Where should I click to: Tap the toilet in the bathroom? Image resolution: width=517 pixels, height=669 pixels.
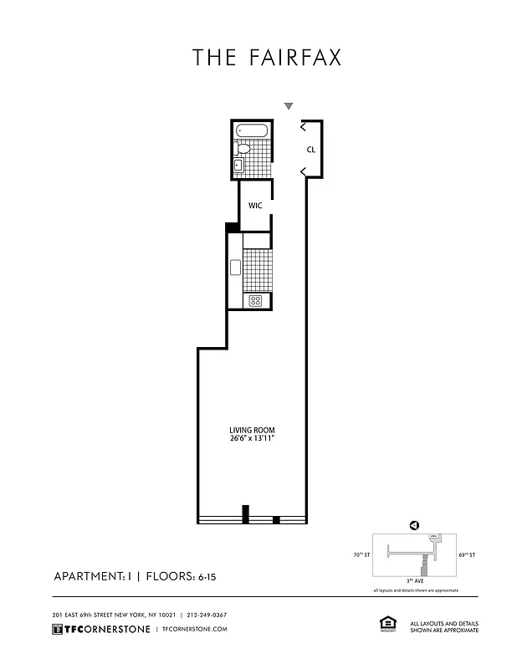click(x=243, y=149)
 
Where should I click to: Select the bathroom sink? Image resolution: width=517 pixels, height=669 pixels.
click(x=238, y=165)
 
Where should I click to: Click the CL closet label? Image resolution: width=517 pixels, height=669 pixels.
click(x=310, y=151)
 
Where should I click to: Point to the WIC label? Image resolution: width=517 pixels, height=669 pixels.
click(x=255, y=206)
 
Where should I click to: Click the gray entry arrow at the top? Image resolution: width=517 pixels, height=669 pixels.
click(x=289, y=106)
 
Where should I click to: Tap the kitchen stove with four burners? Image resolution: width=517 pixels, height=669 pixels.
click(x=255, y=300)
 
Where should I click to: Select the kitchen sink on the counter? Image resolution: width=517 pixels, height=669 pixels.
click(x=236, y=268)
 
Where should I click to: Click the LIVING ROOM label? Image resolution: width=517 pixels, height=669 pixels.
click(x=252, y=431)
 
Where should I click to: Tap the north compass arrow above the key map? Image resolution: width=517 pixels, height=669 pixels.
click(x=413, y=525)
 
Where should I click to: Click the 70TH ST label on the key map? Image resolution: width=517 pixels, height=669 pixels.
click(x=360, y=554)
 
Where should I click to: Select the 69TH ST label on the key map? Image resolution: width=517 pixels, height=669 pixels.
click(x=467, y=554)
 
